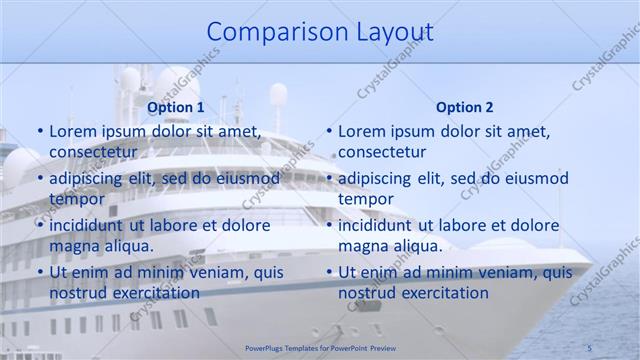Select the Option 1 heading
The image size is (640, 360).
pyautogui.click(x=175, y=107)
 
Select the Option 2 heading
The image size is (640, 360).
pyautogui.click(x=464, y=107)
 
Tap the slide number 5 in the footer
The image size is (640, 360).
pyautogui.click(x=590, y=347)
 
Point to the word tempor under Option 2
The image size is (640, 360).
pyautogui.click(x=366, y=199)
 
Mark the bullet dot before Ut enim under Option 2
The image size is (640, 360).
pyautogui.click(x=329, y=273)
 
